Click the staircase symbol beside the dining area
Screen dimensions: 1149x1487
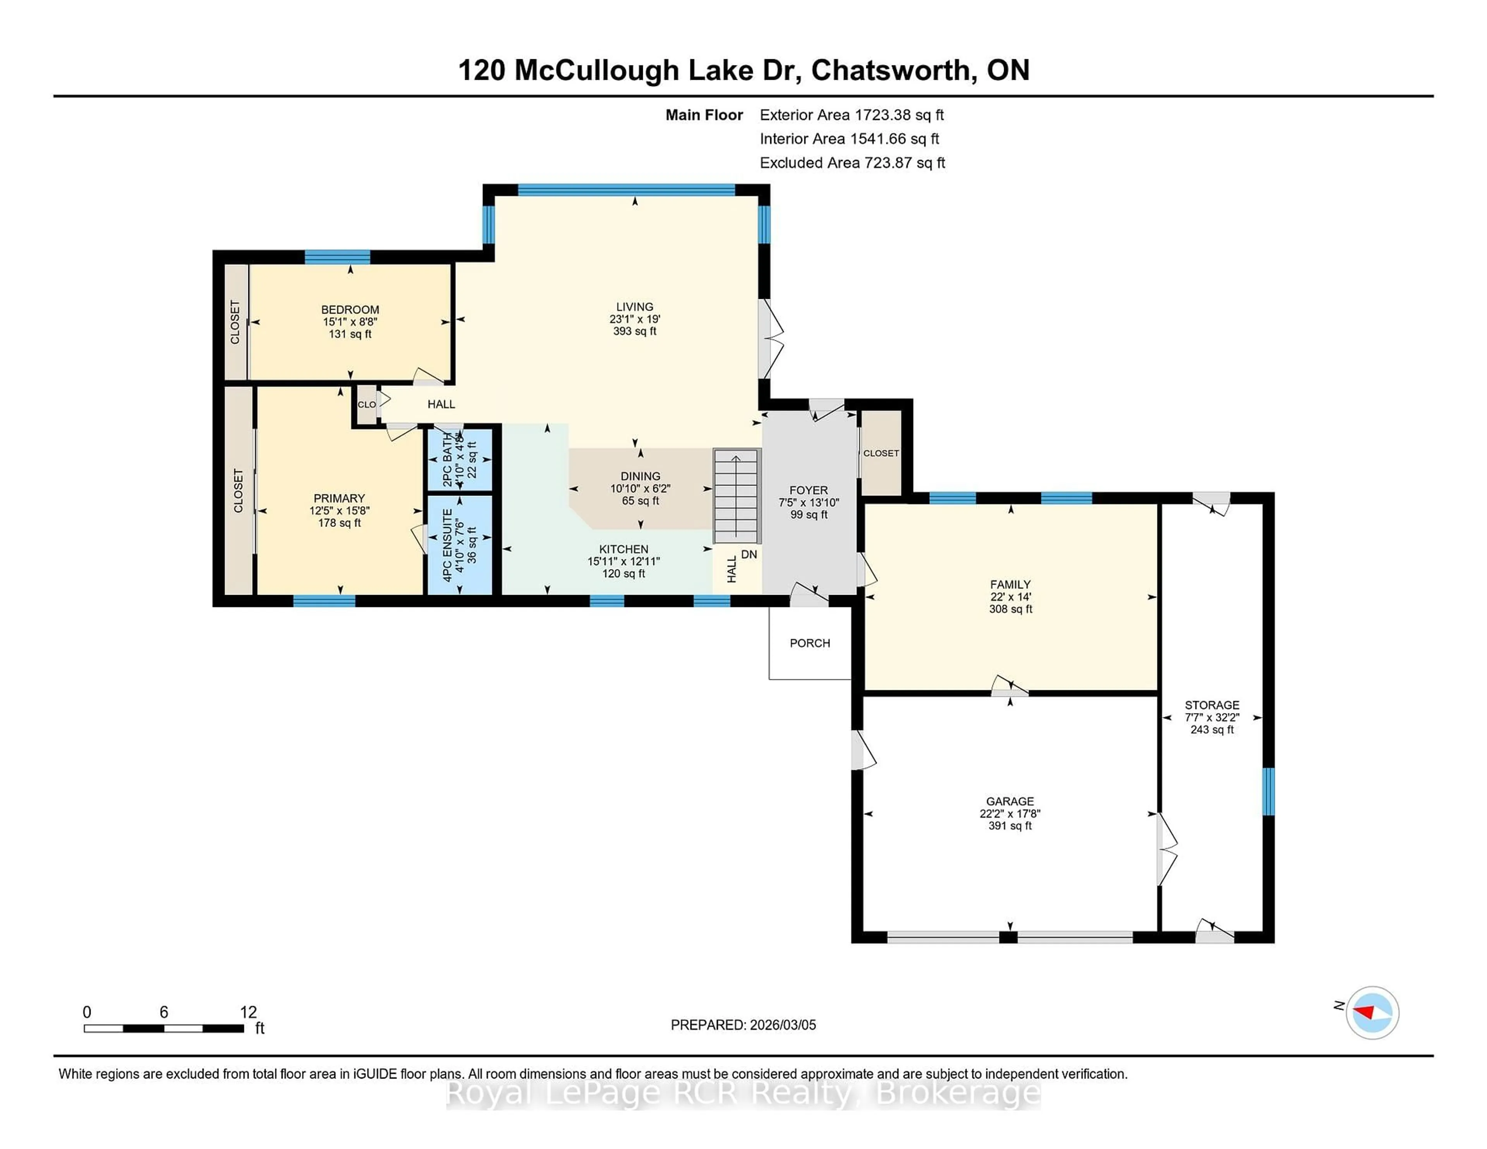click(x=737, y=496)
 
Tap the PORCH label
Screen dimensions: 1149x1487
click(x=810, y=643)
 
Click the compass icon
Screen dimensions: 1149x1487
click(x=1372, y=1012)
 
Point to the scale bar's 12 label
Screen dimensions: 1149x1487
click(x=249, y=1012)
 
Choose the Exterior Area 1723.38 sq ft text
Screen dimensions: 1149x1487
click(x=852, y=115)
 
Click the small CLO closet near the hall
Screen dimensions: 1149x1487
click(x=366, y=404)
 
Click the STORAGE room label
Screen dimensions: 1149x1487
click(x=1212, y=705)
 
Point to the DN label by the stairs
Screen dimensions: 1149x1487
click(x=749, y=555)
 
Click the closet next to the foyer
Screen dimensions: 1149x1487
click(x=881, y=453)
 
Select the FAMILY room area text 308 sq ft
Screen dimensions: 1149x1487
click(x=1010, y=609)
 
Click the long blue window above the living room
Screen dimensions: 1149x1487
click(x=627, y=190)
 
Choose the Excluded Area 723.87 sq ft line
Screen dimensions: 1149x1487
click(x=852, y=163)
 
